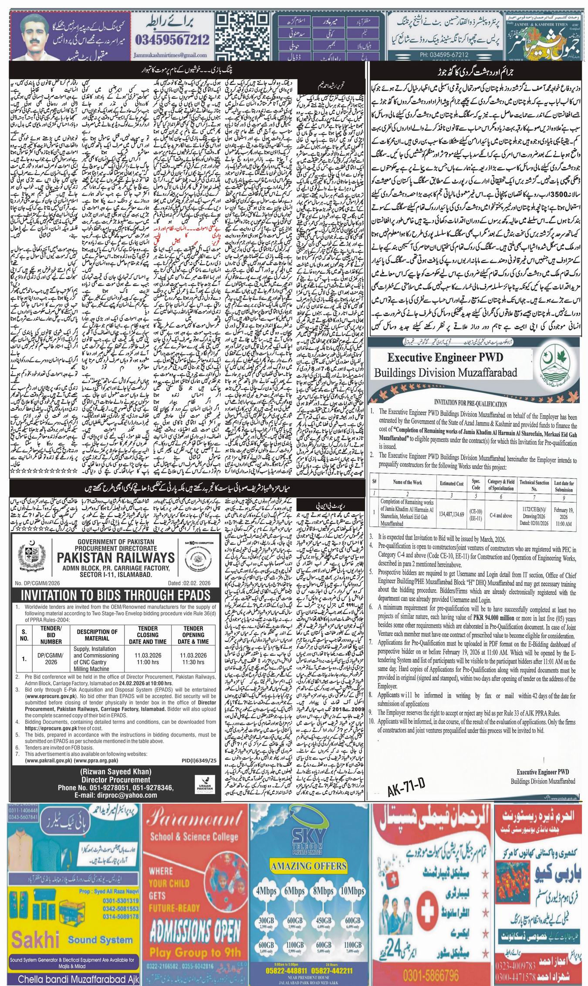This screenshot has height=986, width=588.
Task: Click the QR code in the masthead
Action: (x=247, y=36)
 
